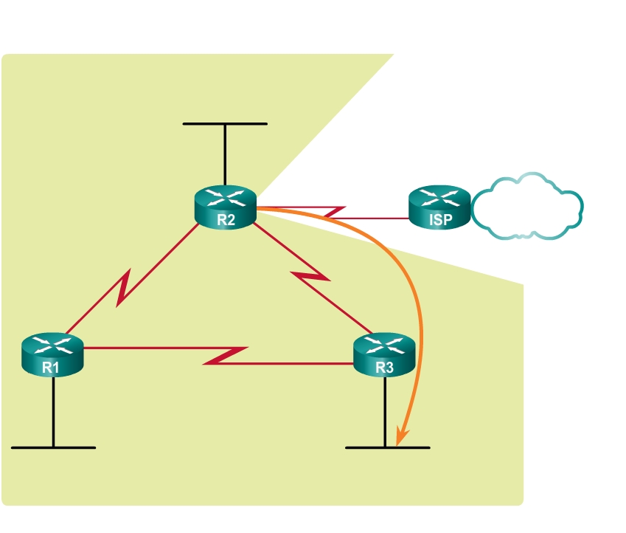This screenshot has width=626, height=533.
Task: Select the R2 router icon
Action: (x=225, y=207)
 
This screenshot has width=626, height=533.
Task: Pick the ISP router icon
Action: (x=439, y=207)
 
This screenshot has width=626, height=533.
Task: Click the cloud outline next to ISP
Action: (x=526, y=207)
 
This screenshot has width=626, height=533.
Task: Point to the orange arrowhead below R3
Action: (x=400, y=437)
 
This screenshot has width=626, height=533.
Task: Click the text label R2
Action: (x=225, y=219)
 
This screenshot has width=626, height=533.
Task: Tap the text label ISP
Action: (x=439, y=220)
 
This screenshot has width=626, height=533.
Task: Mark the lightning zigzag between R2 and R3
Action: (x=310, y=279)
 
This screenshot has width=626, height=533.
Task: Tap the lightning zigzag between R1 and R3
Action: (x=225, y=355)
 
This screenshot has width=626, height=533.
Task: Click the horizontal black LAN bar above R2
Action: (x=225, y=123)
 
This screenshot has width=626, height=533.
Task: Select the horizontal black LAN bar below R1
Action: (x=53, y=447)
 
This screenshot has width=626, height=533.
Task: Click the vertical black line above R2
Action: (x=225, y=155)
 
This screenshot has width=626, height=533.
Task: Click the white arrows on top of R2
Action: (x=225, y=197)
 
